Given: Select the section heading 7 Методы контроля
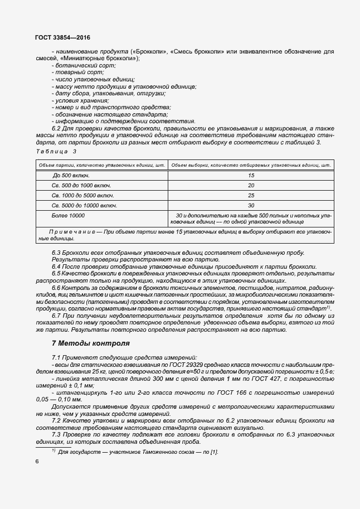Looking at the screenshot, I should click(90, 343).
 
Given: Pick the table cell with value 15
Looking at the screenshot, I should click(251, 175).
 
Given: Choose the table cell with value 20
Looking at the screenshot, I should click(251, 185).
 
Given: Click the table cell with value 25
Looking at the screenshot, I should click(251, 195).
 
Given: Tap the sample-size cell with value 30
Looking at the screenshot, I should click(251, 205).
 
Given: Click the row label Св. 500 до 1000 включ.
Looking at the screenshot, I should click(81, 185).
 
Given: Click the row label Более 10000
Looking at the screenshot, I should click(69, 215).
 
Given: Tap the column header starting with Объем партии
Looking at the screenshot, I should click(101, 165).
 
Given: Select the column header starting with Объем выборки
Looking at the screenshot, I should click(251, 165).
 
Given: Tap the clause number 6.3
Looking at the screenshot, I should click(57, 253).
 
